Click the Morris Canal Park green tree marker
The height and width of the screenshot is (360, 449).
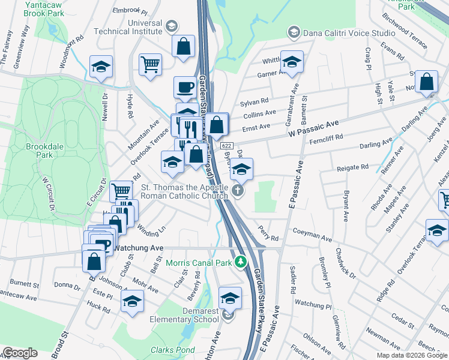click(240, 262)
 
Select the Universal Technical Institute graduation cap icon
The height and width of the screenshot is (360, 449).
click(171, 25)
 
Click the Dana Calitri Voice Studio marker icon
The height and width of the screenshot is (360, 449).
click(294, 32)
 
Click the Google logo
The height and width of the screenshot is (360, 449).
click(20, 353)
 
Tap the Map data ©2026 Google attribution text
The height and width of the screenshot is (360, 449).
click(411, 355)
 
